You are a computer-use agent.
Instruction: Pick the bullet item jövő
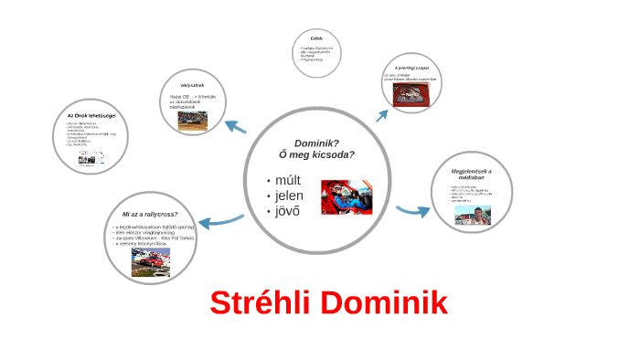click(288, 212)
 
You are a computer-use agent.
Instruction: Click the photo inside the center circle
click(347, 196)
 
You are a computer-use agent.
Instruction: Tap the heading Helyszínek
click(191, 85)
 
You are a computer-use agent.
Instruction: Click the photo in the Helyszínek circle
click(192, 120)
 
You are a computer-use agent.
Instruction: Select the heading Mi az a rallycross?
click(149, 214)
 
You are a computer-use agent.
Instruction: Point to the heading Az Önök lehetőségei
click(90, 115)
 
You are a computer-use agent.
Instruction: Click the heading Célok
click(316, 37)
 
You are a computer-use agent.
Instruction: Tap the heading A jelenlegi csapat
click(411, 68)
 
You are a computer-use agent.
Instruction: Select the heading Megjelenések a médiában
click(471, 175)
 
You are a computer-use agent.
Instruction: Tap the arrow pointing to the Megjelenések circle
click(413, 211)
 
